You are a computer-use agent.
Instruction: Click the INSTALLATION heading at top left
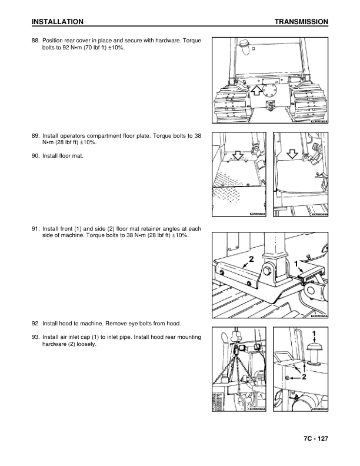click(x=57, y=22)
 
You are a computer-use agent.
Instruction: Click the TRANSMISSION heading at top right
click(x=301, y=22)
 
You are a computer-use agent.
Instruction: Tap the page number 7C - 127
click(x=316, y=438)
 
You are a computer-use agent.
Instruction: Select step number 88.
click(x=36, y=41)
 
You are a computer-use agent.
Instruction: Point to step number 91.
click(x=36, y=229)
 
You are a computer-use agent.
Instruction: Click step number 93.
click(x=36, y=337)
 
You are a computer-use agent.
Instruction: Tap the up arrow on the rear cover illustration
click(x=256, y=91)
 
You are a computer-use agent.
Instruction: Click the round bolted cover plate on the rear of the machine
click(x=269, y=91)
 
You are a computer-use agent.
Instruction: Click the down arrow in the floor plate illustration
click(x=238, y=155)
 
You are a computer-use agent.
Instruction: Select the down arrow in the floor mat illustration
click(x=292, y=154)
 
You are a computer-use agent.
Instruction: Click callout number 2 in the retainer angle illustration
click(x=251, y=259)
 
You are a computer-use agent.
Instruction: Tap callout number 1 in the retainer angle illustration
click(x=296, y=264)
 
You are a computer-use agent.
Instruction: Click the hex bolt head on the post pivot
click(x=266, y=271)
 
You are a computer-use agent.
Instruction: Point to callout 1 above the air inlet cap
click(x=314, y=334)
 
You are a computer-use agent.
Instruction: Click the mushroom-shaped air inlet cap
click(x=314, y=354)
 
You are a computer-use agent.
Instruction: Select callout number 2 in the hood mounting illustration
click(x=304, y=377)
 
